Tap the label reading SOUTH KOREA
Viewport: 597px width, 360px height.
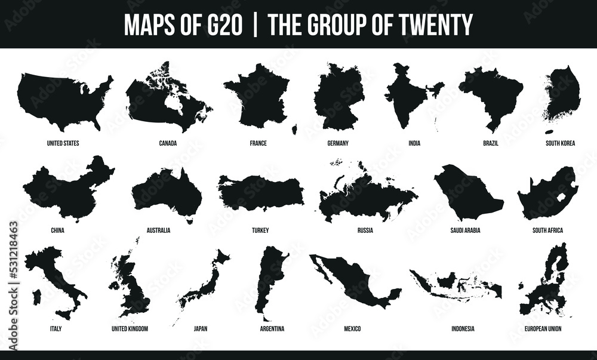pos(560,143)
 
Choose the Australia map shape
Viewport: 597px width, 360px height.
pos(167,194)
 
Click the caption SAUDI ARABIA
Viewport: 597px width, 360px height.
pos(465,230)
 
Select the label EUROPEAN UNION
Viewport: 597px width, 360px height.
pos(543,328)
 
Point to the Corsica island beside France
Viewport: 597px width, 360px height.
pos(294,130)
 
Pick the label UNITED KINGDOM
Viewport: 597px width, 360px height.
pos(130,328)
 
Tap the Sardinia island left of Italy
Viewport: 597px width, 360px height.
pos(35,296)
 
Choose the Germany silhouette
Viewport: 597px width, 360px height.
pos(338,96)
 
